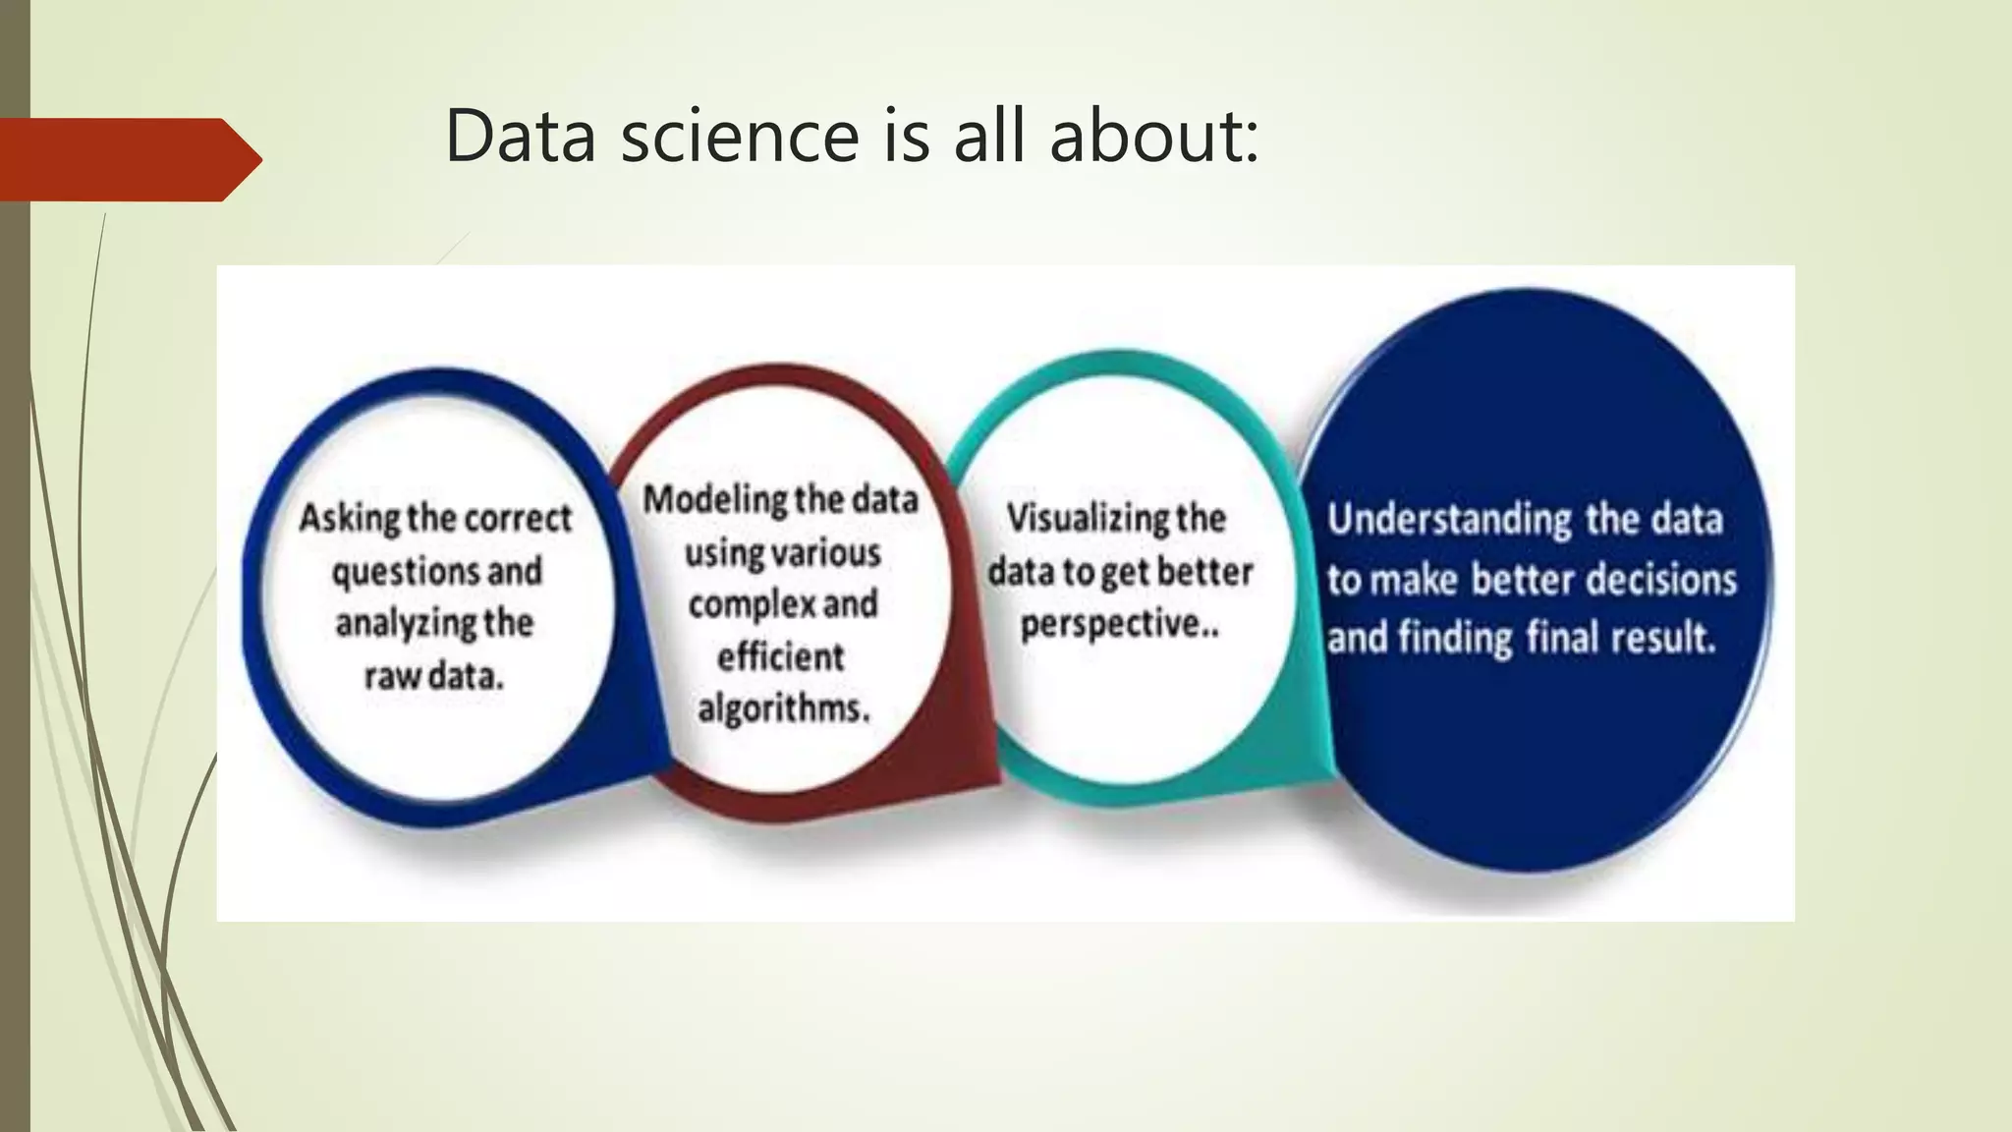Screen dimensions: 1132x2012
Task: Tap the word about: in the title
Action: (x=1153, y=136)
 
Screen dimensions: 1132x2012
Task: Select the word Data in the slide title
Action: (x=520, y=136)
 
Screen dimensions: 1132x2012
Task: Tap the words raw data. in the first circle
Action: (x=433, y=676)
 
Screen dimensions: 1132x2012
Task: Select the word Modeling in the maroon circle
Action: (x=714, y=500)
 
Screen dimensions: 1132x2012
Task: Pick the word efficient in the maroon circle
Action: (x=780, y=656)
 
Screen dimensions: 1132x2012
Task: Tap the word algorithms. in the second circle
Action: (x=783, y=708)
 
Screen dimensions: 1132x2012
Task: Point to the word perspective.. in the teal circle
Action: (x=1119, y=624)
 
